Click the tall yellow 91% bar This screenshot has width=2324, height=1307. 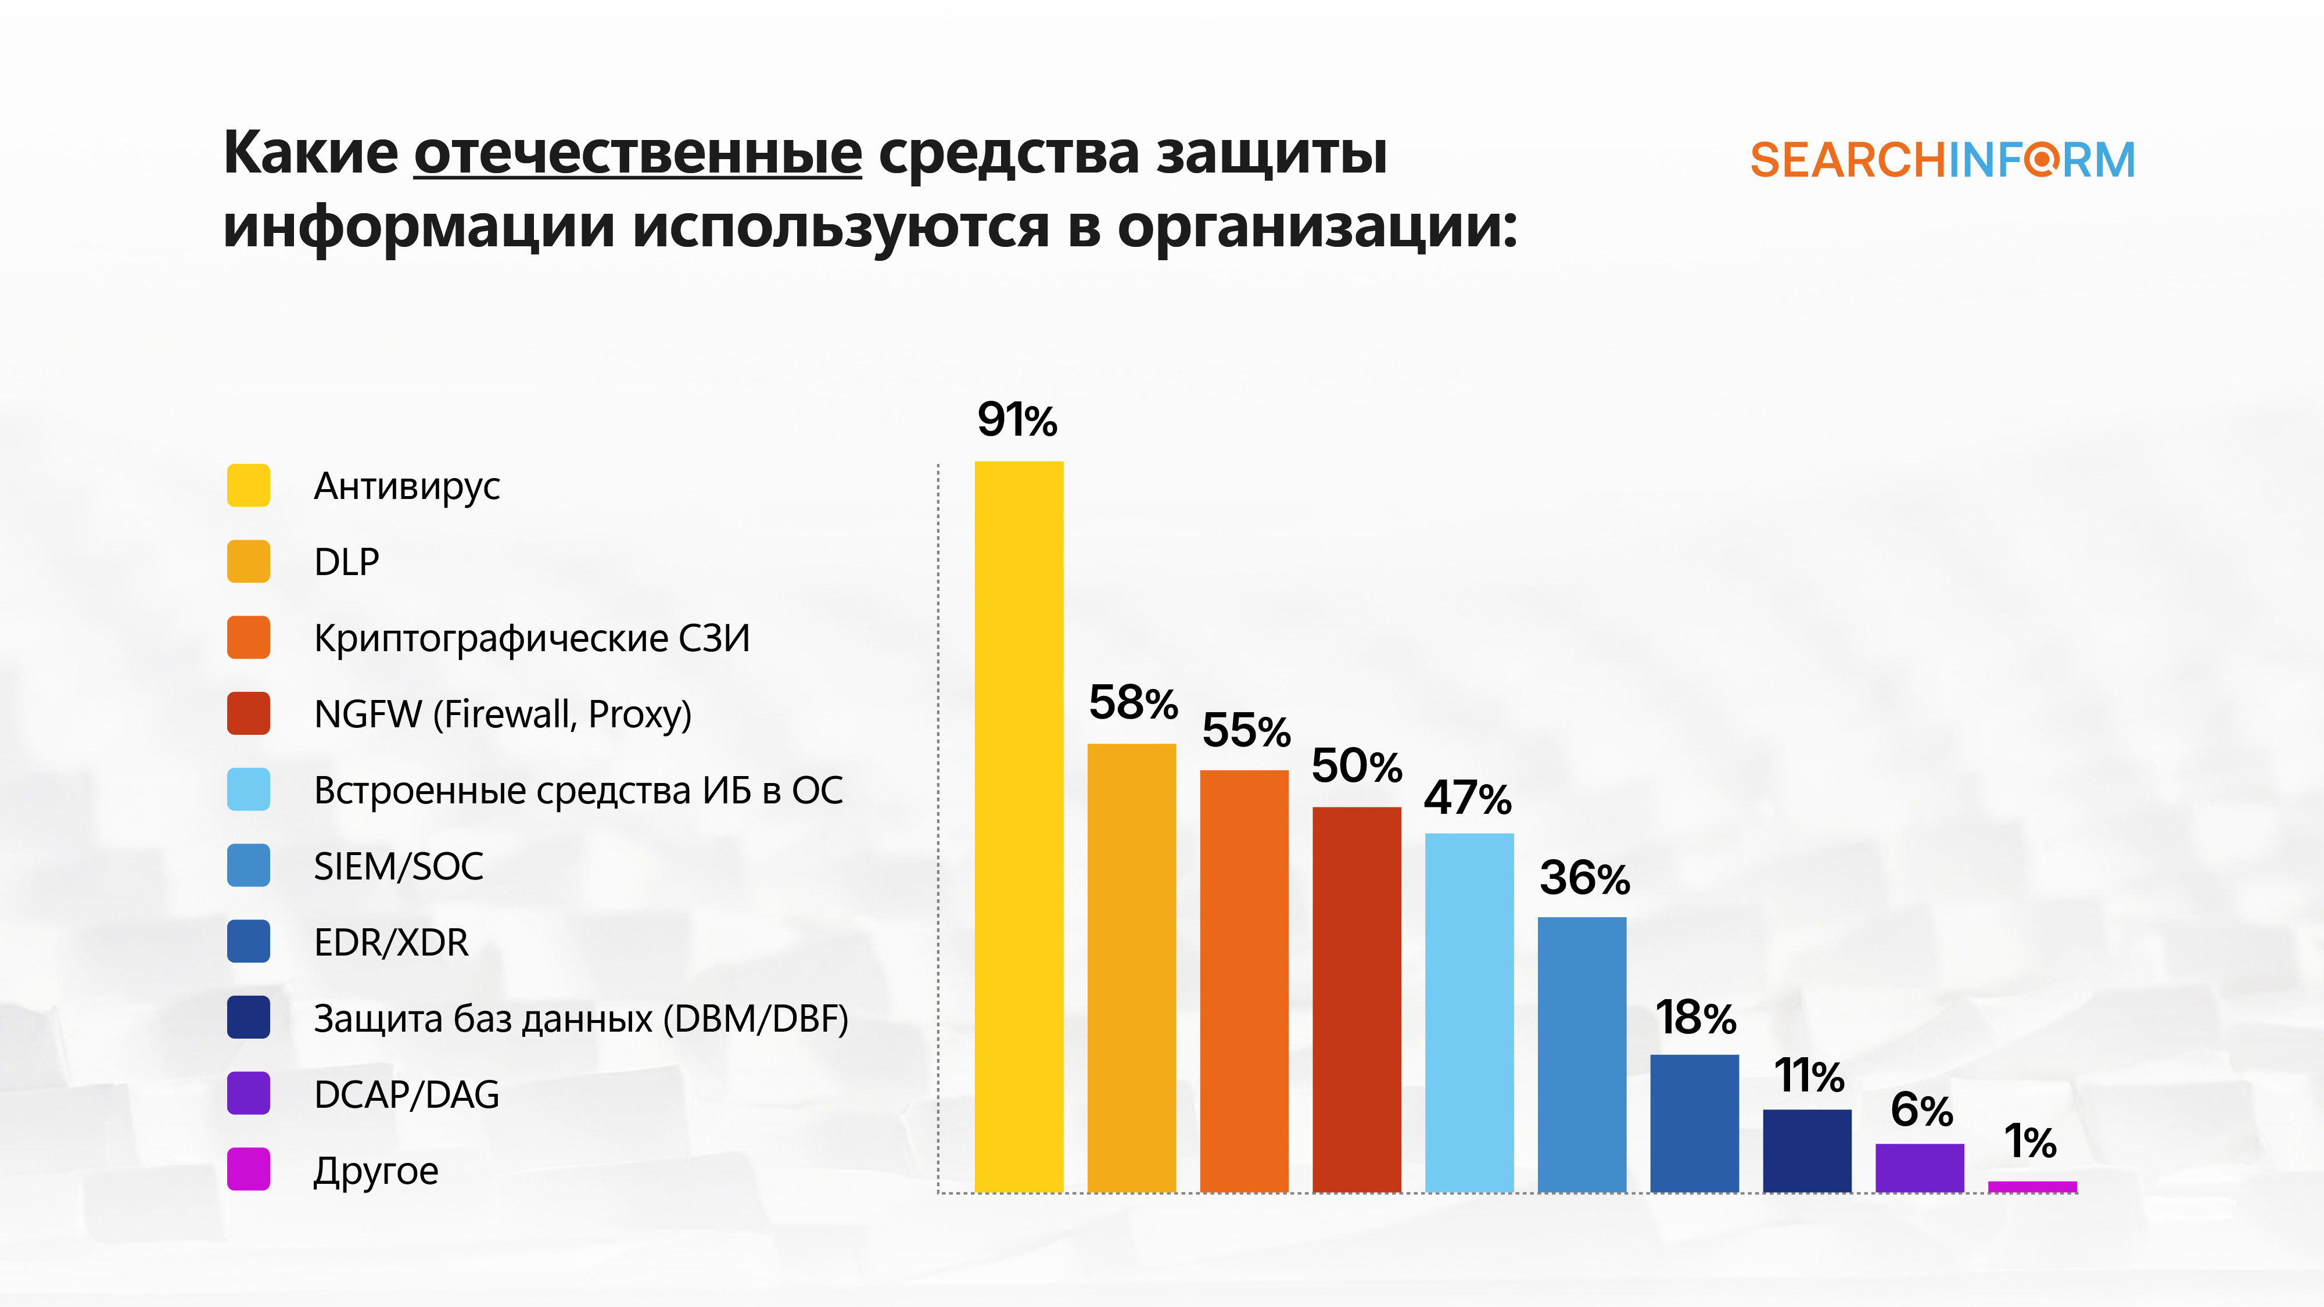pos(1018,825)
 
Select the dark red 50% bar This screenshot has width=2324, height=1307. pos(1356,999)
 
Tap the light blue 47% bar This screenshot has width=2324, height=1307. pos(1469,1012)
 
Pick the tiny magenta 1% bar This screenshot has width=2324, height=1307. pos(2032,1187)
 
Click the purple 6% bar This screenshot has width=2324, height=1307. pos(1919,1168)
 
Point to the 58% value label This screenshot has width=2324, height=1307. pos(1133,703)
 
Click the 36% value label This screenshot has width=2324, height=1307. pos(1584,878)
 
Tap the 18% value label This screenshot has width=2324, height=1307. pos(1695,1018)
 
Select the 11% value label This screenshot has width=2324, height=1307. pos(1809,1075)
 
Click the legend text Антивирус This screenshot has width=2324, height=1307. pos(406,486)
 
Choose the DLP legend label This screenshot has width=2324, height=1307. pos(346,562)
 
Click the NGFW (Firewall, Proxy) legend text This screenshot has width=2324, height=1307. pos(503,714)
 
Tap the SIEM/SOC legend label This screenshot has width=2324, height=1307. pos(398,866)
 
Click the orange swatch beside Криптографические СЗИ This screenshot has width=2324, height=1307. pos(248,638)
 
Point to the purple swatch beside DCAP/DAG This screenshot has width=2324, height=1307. pos(248,1093)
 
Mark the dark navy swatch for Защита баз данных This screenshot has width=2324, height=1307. pos(248,1018)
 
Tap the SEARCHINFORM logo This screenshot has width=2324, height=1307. pos(1942,160)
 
